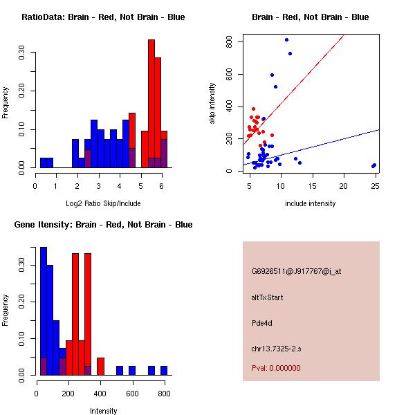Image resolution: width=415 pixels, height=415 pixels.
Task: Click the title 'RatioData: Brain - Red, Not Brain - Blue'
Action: pos(103,17)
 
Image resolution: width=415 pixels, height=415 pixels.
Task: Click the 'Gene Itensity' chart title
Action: pos(103,225)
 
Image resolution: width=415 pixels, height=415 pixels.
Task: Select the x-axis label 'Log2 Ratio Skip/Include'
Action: pos(103,203)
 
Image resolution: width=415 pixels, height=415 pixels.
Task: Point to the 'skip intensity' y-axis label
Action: pos(213,104)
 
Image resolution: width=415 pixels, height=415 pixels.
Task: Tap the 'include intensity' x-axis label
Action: pos(311,203)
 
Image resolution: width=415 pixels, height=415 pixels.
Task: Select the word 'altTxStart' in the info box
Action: pos(268,297)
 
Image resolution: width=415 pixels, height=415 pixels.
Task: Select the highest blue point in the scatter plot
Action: pos(286,39)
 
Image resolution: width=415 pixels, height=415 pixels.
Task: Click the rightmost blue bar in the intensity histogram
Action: pos(164,371)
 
